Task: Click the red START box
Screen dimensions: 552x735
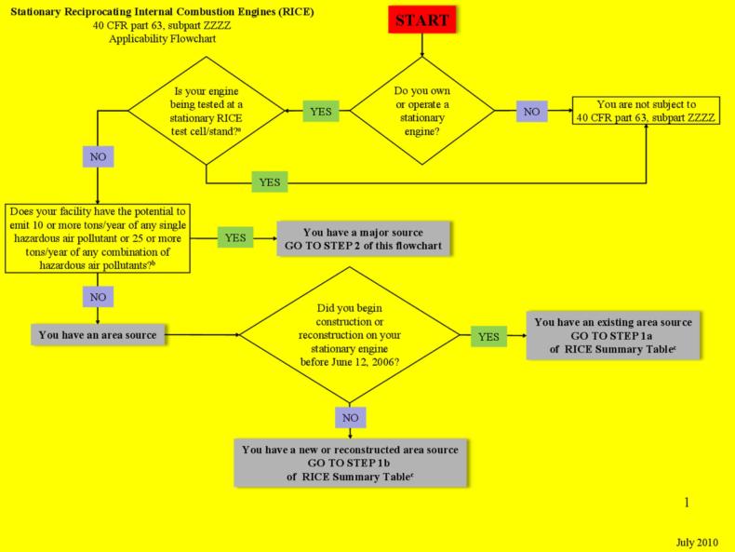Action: (421, 20)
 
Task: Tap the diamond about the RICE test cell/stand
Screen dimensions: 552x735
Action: (206, 112)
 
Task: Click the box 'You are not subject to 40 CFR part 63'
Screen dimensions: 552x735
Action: (647, 112)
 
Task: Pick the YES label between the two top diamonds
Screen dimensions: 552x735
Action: (320, 112)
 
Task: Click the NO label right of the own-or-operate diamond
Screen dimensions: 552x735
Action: (531, 112)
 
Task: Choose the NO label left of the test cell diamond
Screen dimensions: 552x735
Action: (98, 156)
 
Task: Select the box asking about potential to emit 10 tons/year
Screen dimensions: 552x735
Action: (98, 236)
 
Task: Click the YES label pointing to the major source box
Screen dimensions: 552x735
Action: (235, 237)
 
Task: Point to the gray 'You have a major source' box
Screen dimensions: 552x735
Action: (362, 238)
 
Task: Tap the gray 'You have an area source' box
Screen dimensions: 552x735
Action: (98, 334)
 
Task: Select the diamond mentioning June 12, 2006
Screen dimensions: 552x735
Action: (350, 334)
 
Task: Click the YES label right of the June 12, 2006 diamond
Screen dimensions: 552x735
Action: (488, 334)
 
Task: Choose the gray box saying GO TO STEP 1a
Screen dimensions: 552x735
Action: (611, 334)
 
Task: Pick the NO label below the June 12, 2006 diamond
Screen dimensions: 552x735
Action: (350, 418)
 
